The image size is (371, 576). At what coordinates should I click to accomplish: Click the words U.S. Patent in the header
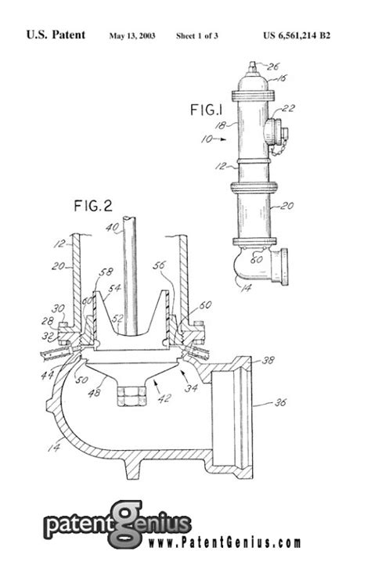click(56, 36)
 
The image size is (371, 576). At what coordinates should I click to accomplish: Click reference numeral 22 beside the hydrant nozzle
click(288, 109)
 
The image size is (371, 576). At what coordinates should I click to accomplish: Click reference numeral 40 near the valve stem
click(114, 228)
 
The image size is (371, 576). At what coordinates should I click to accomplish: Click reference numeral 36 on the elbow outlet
click(278, 404)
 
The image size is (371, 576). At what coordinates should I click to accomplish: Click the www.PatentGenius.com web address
click(222, 542)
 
